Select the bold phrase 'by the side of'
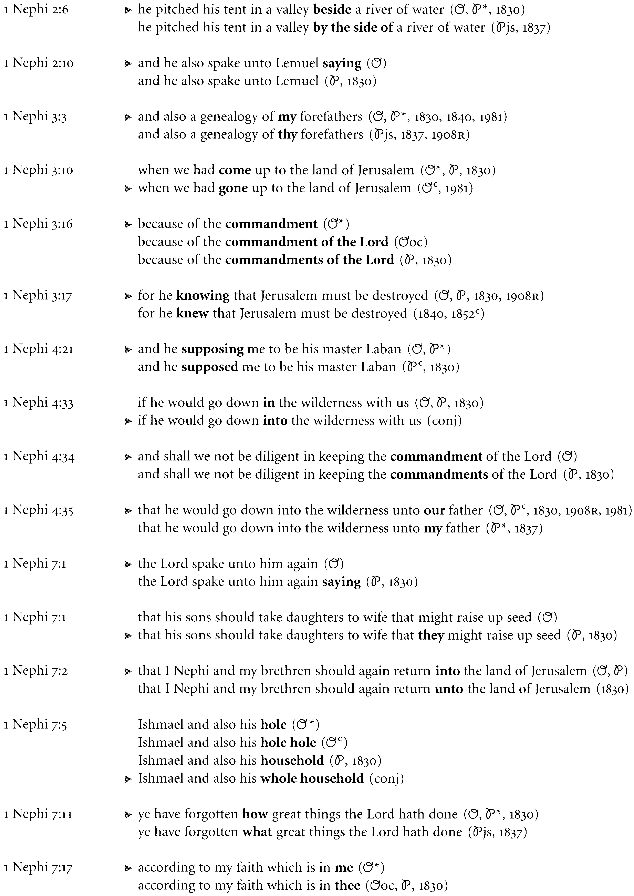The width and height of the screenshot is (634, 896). pos(353,27)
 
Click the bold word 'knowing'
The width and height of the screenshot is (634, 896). pos(203,296)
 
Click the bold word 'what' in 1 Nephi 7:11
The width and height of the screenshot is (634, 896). pos(257,832)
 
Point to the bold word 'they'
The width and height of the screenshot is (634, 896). pos(431,635)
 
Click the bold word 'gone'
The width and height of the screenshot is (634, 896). pos(233,188)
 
